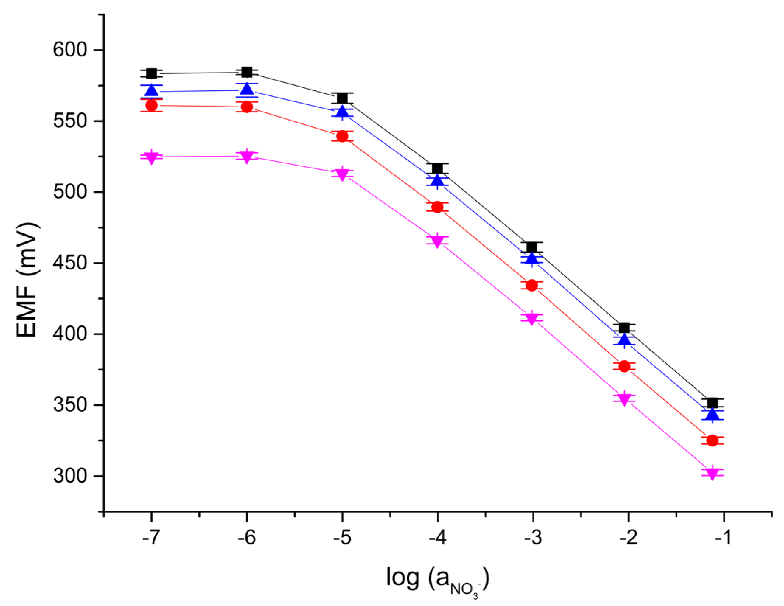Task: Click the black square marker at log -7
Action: pos(151,73)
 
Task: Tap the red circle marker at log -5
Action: pos(342,136)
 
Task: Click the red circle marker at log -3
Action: pos(532,285)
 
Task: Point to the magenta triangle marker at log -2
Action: pos(624,399)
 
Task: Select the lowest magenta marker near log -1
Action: pos(712,473)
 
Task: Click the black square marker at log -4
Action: pos(438,168)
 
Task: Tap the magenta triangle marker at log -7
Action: pos(151,157)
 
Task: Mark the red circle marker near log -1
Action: pos(712,440)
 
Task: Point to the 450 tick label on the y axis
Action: pos(70,263)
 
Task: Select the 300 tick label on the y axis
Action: pos(70,476)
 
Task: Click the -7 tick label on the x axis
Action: pos(151,538)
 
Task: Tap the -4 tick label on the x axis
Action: pos(438,538)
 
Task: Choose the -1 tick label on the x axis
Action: pos(723,538)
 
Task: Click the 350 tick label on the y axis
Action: pos(70,405)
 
